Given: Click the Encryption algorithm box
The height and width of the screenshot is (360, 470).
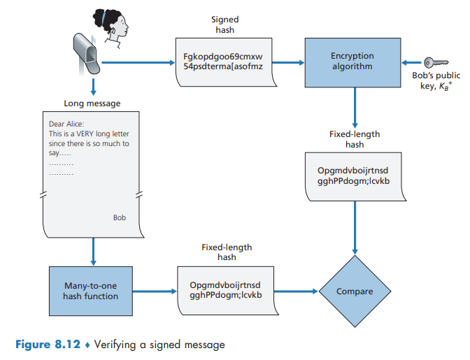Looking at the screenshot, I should tap(352, 62).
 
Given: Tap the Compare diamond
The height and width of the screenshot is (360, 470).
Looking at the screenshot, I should tap(355, 291).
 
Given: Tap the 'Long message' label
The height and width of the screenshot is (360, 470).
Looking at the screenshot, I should tap(92, 103).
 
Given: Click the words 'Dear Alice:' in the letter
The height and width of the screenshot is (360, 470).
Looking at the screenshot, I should tap(66, 124).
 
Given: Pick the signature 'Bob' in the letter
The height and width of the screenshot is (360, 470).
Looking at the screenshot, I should tap(120, 217).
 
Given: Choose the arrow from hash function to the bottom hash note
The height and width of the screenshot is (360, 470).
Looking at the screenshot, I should tap(156, 291).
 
